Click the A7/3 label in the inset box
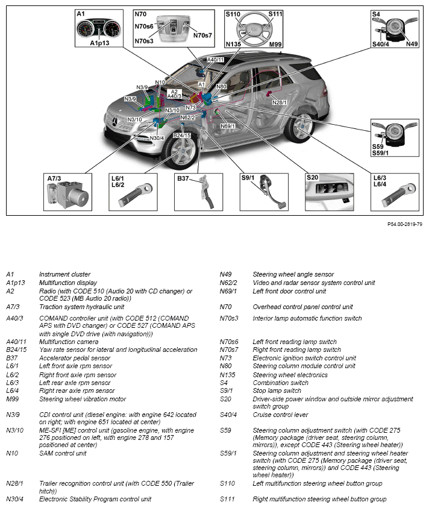[x=55, y=178]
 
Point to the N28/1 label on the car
[x=280, y=102]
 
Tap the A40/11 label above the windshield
[x=215, y=60]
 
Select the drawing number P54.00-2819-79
[x=404, y=224]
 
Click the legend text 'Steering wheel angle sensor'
[x=293, y=275]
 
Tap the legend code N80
[x=227, y=366]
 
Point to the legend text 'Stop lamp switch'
[x=277, y=390]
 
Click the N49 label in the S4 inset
[x=412, y=44]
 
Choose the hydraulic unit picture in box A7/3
[x=67, y=195]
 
